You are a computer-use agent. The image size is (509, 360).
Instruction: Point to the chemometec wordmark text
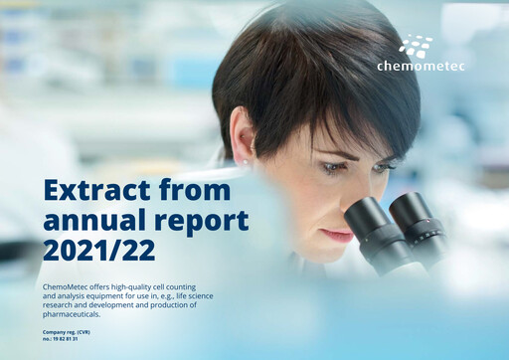pyautogui.click(x=421, y=67)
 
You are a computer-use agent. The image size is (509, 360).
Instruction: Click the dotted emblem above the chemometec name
pyautogui.click(x=416, y=46)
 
